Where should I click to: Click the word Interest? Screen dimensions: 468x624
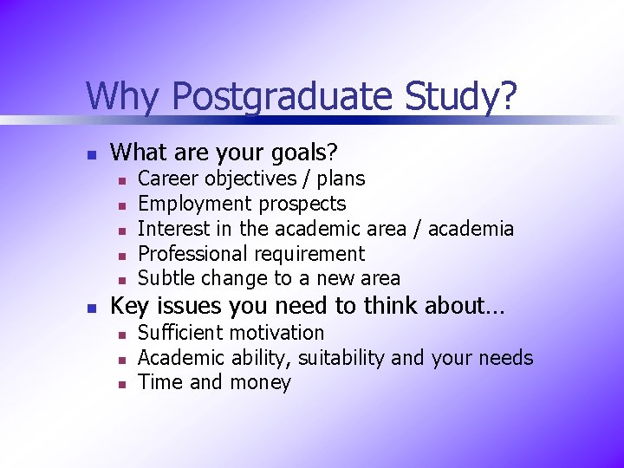tap(172, 229)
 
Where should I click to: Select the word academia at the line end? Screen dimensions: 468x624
tap(471, 229)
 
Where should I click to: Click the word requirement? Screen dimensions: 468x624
tap(313, 254)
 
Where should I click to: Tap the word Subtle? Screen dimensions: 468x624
tap(167, 278)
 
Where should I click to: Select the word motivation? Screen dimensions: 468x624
tap(276, 333)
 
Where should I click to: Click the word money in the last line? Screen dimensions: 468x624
tap(260, 383)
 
